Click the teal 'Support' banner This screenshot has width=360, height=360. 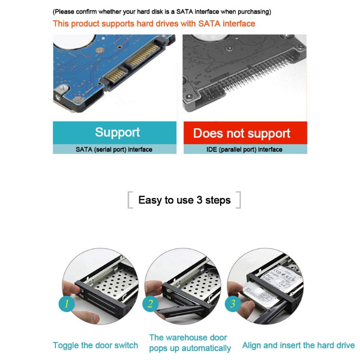[x=117, y=132]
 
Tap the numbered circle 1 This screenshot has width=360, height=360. [x=67, y=303]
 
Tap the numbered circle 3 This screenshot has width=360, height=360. [x=233, y=303]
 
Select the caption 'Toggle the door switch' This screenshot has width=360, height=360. [x=95, y=346]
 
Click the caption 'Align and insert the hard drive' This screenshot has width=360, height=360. [x=298, y=346]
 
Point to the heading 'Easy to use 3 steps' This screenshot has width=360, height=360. [x=184, y=200]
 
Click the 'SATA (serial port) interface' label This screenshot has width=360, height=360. [x=114, y=149]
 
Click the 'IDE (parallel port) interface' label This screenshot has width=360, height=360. [x=245, y=149]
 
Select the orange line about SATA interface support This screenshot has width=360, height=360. [x=154, y=23]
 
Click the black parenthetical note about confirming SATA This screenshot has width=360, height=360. [x=162, y=12]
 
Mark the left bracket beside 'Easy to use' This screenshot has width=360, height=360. [x=130, y=200]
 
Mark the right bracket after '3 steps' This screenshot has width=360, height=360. [x=238, y=200]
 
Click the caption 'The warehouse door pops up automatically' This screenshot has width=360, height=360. [x=190, y=342]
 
